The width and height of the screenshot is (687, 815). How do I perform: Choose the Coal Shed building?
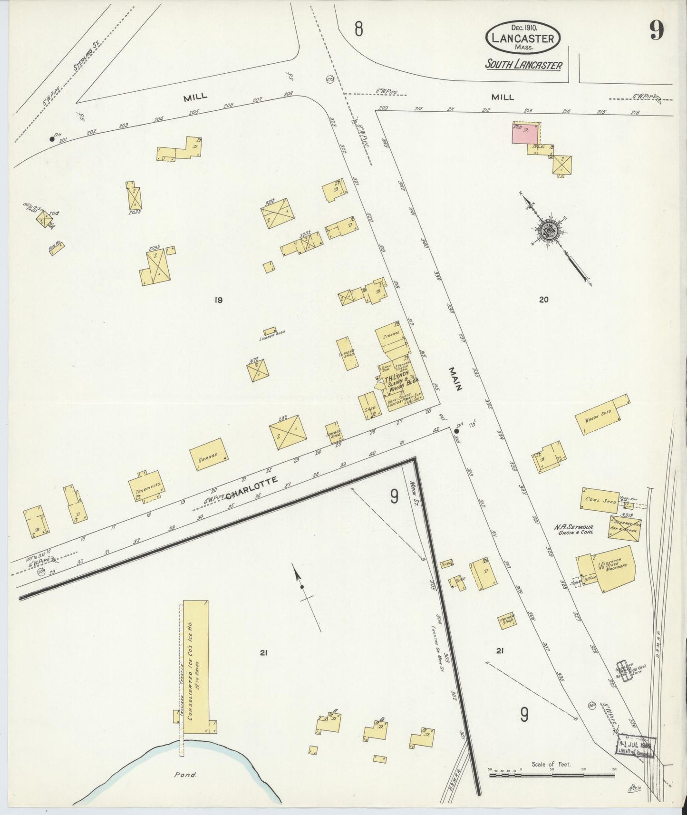[x=599, y=501]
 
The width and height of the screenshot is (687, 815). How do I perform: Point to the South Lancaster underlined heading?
[x=523, y=65]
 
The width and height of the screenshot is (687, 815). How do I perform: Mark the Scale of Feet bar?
[x=552, y=775]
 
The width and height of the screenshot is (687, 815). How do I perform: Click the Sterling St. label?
[x=82, y=59]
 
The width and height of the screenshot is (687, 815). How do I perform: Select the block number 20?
[x=544, y=300]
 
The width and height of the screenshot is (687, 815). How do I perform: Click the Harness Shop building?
[x=507, y=620]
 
